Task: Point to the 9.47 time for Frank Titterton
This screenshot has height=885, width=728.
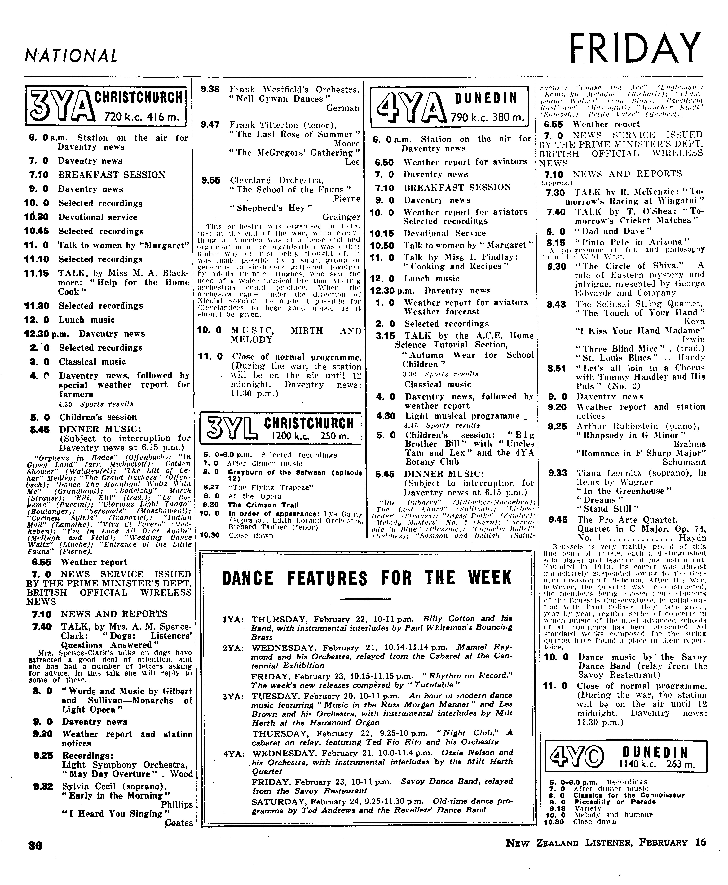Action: click(x=210, y=125)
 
